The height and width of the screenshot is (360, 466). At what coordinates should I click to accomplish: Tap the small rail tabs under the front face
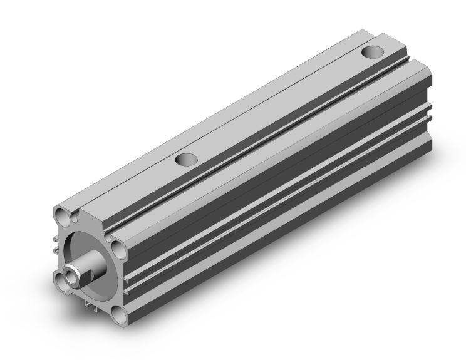pyautogui.click(x=88, y=302)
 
